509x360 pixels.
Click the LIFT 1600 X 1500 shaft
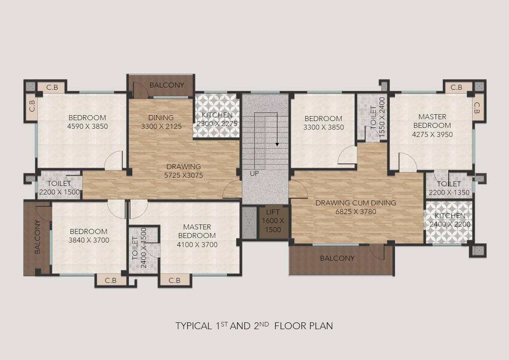[x=273, y=222]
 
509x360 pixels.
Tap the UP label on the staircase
[x=254, y=174]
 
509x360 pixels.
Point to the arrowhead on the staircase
[x=277, y=144]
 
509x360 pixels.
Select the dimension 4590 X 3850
[x=87, y=126]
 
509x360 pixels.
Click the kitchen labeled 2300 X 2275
[x=217, y=116]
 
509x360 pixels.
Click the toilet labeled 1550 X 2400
[x=373, y=118]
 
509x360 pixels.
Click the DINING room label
[x=161, y=117]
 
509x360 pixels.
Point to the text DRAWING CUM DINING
[x=356, y=203]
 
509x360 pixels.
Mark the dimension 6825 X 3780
[x=356, y=212]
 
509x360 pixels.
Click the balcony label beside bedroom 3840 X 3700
[x=37, y=237]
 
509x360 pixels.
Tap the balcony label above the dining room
[x=167, y=85]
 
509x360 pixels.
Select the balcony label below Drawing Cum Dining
[x=337, y=258]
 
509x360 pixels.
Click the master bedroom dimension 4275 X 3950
[x=432, y=134]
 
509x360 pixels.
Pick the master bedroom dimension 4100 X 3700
[x=197, y=244]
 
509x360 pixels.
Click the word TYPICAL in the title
[x=194, y=326]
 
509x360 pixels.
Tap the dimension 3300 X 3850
[x=324, y=127]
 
